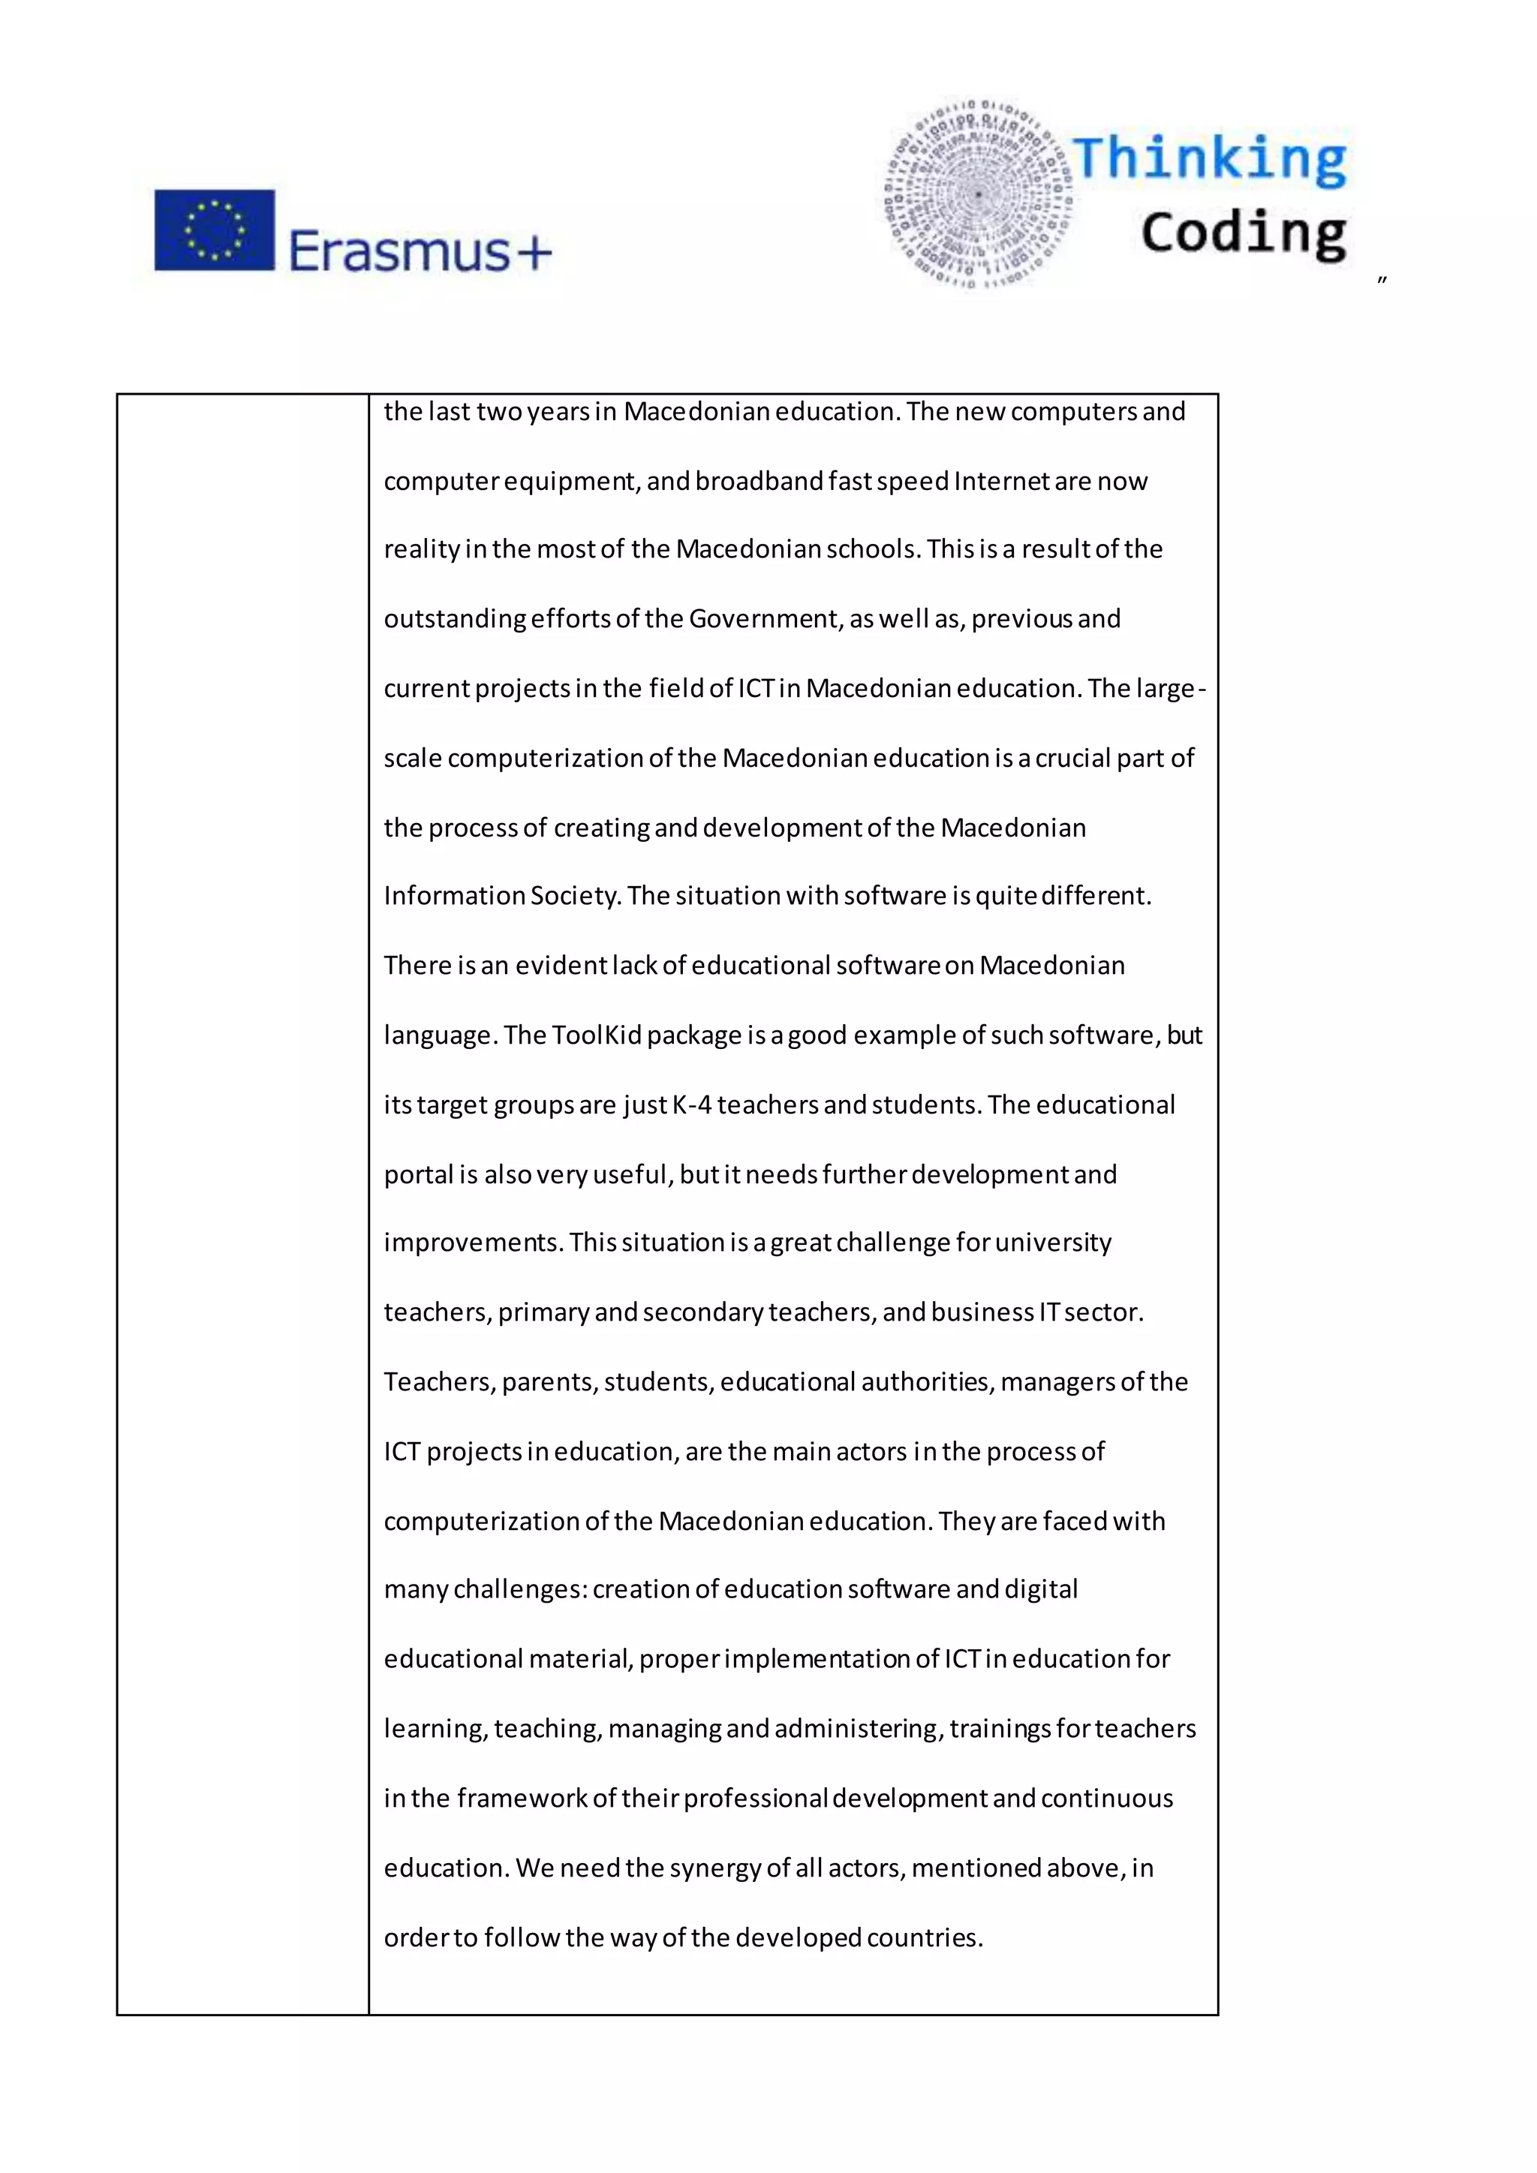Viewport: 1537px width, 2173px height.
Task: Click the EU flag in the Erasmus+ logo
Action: click(x=215, y=230)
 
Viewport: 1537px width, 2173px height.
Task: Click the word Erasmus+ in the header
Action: click(x=420, y=252)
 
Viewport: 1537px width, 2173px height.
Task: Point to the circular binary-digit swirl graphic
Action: click(x=979, y=193)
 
